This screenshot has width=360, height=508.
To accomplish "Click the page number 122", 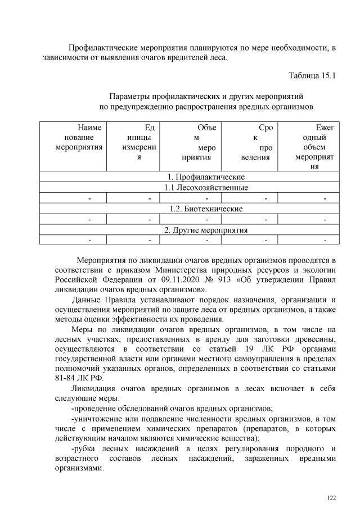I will [331, 497].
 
